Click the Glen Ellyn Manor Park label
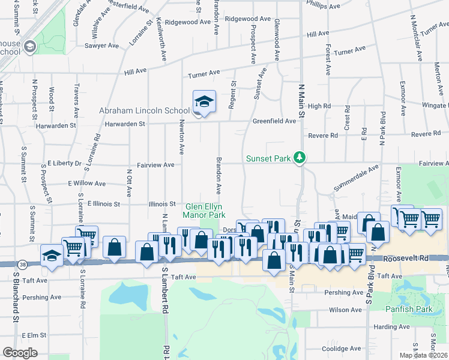pyautogui.click(x=205, y=211)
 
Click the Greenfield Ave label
pyautogui.click(x=274, y=121)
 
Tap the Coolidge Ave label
pyautogui.click(x=340, y=349)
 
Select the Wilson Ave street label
pyautogui.click(x=345, y=310)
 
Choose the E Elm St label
pyautogui.click(x=34, y=335)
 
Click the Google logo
pyautogui.click(x=20, y=353)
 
